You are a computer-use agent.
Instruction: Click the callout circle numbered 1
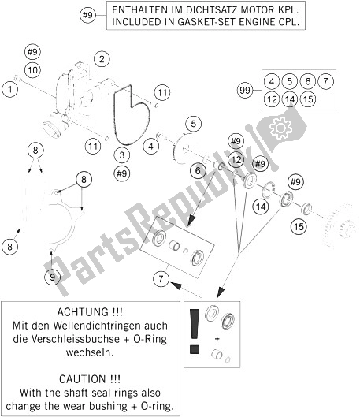point(10,89)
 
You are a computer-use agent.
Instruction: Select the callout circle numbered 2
point(102,59)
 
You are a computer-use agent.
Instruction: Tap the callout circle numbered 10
point(32,70)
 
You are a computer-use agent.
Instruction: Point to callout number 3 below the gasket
point(122,155)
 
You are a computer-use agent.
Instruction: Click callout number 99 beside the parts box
point(245,90)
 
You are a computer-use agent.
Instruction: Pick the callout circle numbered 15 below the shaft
point(299,226)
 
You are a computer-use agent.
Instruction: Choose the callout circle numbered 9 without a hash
point(52,277)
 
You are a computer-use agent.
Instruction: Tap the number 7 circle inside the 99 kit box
point(325,81)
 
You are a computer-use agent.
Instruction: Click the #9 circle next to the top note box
point(87,15)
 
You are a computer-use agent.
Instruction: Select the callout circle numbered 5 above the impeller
point(194,124)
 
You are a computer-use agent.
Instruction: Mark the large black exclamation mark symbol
point(195,331)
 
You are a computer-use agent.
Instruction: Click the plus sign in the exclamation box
point(217,339)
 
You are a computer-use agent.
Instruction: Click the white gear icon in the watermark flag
point(280,128)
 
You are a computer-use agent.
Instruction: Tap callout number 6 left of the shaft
point(199,170)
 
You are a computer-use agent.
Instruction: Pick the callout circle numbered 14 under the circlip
point(261,207)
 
